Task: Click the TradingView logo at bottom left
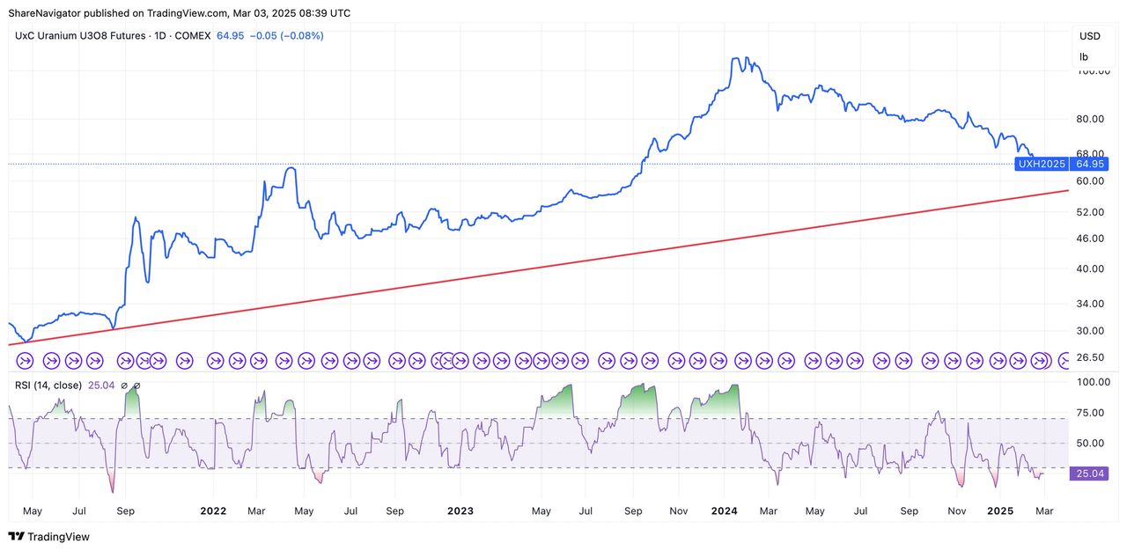click(x=48, y=536)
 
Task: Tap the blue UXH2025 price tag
click(x=1042, y=164)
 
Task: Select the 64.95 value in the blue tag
click(x=1089, y=164)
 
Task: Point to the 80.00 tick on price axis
click(x=1091, y=119)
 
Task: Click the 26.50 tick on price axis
click(x=1091, y=357)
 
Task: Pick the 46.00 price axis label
click(x=1091, y=238)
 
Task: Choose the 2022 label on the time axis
click(x=213, y=511)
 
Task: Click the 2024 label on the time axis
click(x=724, y=511)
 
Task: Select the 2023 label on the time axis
click(x=460, y=511)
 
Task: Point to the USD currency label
click(x=1089, y=36)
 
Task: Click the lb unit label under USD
click(x=1084, y=56)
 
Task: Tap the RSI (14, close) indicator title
click(x=48, y=386)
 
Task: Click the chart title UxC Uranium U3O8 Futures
click(x=85, y=36)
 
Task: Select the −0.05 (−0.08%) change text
click(x=286, y=36)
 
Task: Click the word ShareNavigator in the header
click(x=44, y=13)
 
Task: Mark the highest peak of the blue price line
click(x=736, y=58)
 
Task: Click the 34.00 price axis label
click(x=1091, y=304)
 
